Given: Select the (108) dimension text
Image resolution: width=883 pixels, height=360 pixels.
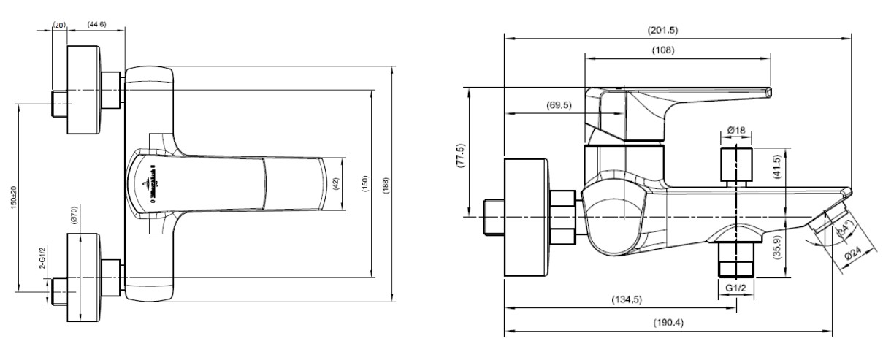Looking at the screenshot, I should pyautogui.click(x=662, y=50).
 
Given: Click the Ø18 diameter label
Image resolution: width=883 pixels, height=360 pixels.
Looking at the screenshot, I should pyautogui.click(x=736, y=131).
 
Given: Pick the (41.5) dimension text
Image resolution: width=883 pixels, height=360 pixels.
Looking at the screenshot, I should pyautogui.click(x=778, y=167).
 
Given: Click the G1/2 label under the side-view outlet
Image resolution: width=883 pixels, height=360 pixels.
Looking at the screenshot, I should pyautogui.click(x=736, y=289).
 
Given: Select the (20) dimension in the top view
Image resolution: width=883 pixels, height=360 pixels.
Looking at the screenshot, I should pyautogui.click(x=59, y=24).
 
